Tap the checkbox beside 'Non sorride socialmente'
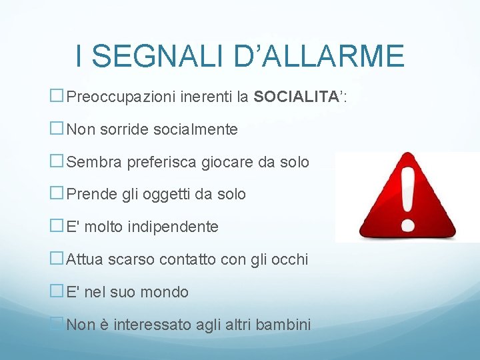(57, 129)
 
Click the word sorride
(123, 129)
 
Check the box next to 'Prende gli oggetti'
(57, 194)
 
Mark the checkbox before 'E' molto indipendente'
(57, 227)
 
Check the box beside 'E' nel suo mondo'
(57, 292)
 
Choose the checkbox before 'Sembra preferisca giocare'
(57, 162)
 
